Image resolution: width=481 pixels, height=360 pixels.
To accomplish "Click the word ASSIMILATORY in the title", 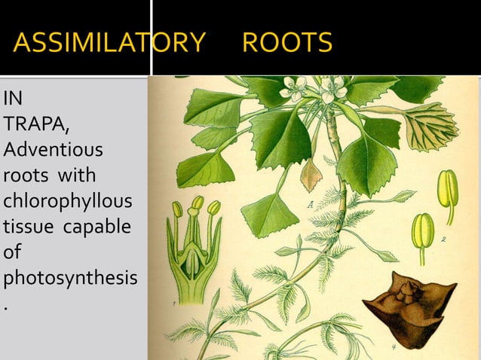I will pyautogui.click(x=109, y=43).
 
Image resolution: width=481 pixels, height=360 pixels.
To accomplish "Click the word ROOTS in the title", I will pyautogui.click(x=286, y=43).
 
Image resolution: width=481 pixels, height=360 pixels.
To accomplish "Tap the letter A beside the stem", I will pyautogui.click(x=311, y=203).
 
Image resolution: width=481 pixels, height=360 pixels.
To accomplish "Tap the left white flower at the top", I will pyautogui.click(x=293, y=90).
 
